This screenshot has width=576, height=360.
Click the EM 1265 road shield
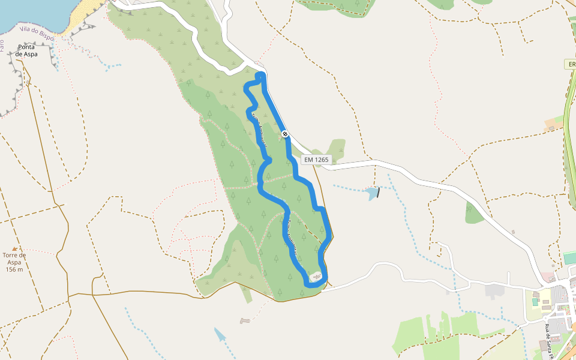point(316,160)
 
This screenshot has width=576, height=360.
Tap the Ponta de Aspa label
point(27,50)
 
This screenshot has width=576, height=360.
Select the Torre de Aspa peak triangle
point(14,248)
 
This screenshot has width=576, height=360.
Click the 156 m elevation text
point(14,269)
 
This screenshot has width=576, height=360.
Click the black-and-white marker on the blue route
point(284,134)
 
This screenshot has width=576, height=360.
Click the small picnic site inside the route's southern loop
point(317,277)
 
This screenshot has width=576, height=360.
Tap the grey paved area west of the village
point(494,291)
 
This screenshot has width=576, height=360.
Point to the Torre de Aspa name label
point(14,259)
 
